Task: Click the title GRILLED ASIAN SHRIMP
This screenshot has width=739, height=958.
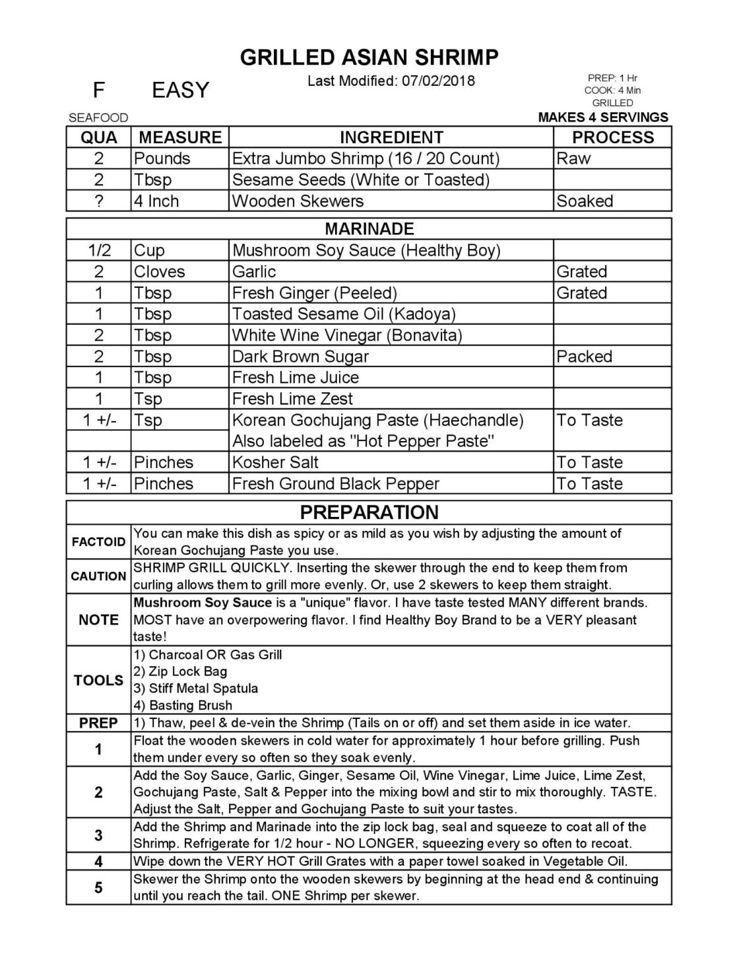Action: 369,57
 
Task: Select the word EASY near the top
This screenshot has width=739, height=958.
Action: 180,90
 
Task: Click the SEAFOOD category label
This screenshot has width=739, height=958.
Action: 98,118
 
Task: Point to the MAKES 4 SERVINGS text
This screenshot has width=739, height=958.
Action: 603,118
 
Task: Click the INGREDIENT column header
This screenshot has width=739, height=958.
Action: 391,137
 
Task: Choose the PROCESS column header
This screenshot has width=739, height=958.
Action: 612,137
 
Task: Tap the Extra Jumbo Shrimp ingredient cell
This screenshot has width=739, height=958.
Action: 366,158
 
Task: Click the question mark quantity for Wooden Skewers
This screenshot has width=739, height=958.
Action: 99,201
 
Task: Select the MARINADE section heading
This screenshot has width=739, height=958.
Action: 369,229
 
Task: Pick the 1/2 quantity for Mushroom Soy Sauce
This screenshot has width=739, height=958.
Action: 99,250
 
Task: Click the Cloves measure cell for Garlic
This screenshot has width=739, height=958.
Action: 159,271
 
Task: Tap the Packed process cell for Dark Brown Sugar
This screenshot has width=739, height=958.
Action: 584,357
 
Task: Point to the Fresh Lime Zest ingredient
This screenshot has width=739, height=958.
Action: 292,399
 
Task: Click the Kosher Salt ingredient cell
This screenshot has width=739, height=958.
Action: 275,462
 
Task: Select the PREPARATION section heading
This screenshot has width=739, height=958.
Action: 369,512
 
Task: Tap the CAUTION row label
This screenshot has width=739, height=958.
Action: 98,576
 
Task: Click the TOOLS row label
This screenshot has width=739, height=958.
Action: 98,680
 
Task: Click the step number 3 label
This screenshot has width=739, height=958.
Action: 98,835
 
